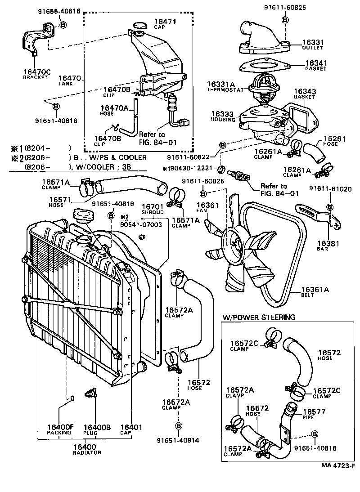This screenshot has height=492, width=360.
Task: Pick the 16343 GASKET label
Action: tap(304, 94)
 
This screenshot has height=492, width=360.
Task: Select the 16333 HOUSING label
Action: tap(223, 117)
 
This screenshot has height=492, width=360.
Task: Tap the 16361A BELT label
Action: tap(315, 292)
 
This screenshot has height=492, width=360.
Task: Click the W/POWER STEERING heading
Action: tap(258, 317)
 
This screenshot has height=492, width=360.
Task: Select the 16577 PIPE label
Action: tap(314, 414)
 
